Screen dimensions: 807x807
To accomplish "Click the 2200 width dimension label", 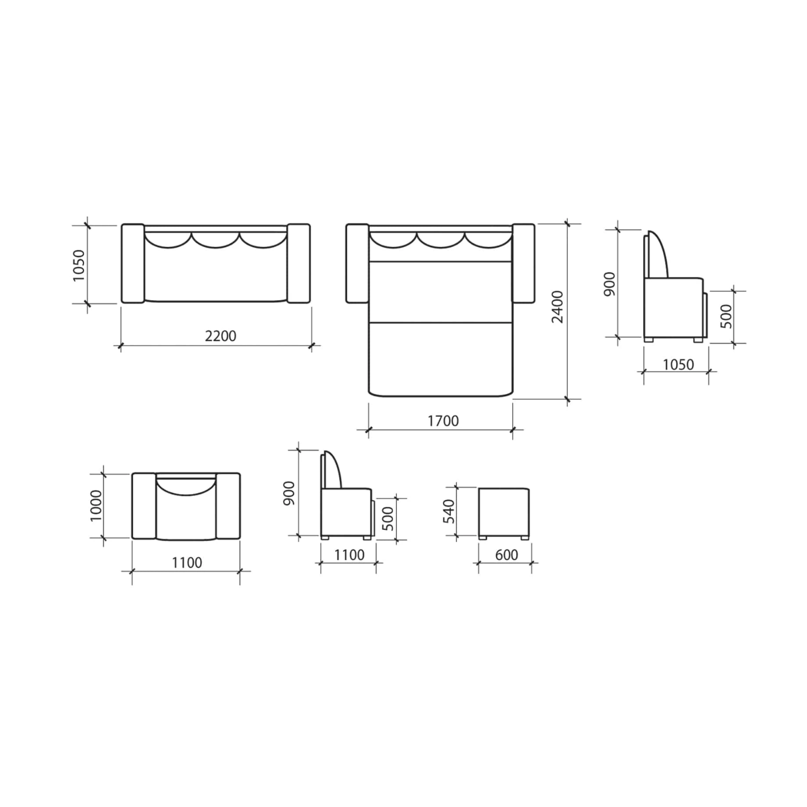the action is [x=220, y=336].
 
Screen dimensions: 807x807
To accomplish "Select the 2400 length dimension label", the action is [x=557, y=307].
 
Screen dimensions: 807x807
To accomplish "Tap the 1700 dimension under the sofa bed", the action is [x=443, y=421].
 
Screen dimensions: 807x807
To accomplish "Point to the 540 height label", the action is [x=448, y=511].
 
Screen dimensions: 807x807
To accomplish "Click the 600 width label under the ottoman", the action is [x=506, y=555].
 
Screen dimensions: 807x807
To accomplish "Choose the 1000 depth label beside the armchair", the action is [x=96, y=506].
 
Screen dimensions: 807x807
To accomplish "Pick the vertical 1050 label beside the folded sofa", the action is [x=79, y=265].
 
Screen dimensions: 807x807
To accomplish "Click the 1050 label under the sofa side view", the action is [x=678, y=364].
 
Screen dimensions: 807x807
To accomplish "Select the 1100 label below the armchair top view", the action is [x=187, y=563].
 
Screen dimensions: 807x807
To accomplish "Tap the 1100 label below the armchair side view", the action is [x=349, y=555].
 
